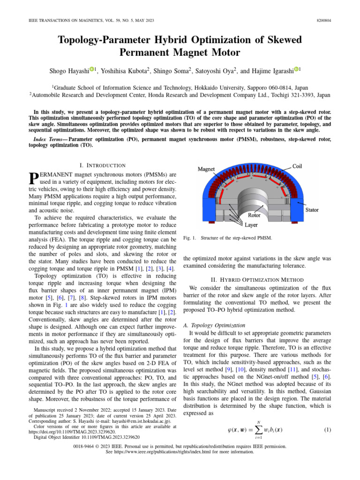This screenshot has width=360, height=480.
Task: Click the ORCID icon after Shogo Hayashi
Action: (x=93, y=69)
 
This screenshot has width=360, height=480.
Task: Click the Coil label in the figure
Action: (x=297, y=165)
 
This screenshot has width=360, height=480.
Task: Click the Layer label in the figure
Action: (x=251, y=225)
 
